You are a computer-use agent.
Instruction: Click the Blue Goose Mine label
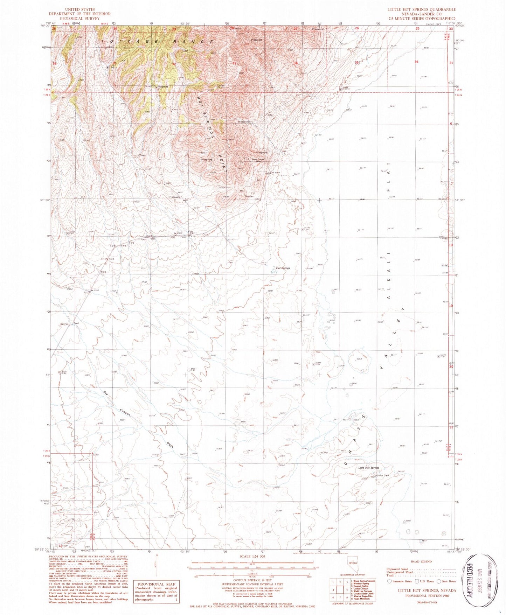point(258,160)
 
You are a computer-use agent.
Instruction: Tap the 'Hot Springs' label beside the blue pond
point(283,268)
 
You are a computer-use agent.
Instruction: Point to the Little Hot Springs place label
point(368,468)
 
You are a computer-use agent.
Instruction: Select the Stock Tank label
point(383,475)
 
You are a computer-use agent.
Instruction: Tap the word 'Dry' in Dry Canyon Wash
point(105,393)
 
